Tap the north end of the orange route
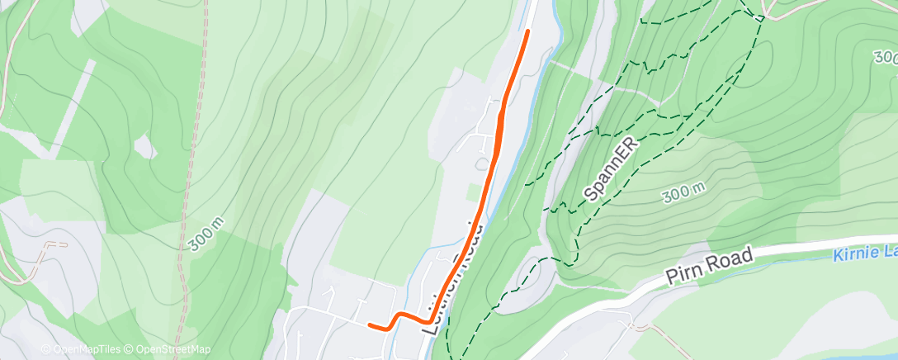click(x=527, y=31)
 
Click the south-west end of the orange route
click(x=369, y=324)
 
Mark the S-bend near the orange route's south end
click(x=400, y=317)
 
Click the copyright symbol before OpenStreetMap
click(x=130, y=349)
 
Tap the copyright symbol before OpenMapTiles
click(x=46, y=349)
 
